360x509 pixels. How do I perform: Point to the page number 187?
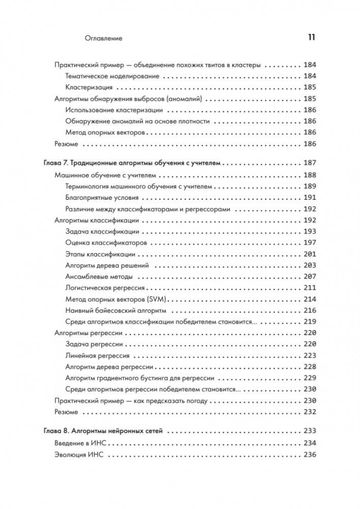click(x=310, y=163)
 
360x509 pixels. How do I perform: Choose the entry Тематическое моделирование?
click(x=112, y=76)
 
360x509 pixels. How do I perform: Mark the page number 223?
click(x=310, y=356)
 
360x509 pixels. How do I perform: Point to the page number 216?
click(x=310, y=311)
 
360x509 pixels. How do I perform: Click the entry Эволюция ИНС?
click(x=79, y=456)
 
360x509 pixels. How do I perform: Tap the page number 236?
click(x=310, y=456)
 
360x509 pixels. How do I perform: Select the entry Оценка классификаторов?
click(x=106, y=243)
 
